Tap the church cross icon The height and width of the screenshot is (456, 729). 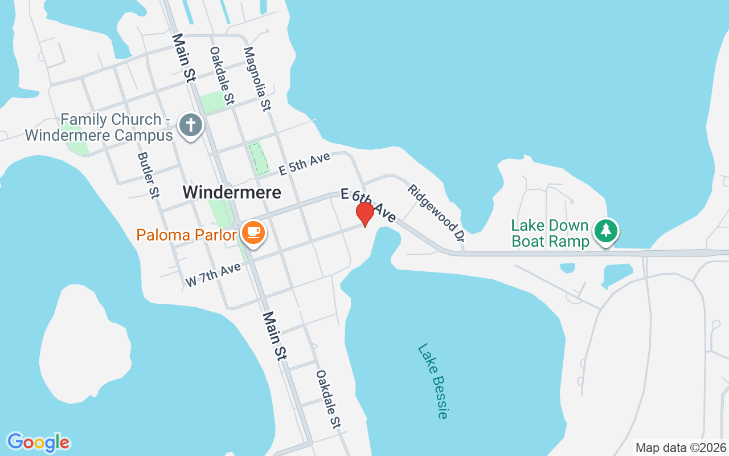click(x=190, y=125)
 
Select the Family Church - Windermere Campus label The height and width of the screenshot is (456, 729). click(x=100, y=128)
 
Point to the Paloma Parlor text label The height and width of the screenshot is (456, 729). click(x=186, y=235)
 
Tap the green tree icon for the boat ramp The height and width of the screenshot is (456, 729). click(x=606, y=231)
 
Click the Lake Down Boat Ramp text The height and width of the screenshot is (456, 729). click(x=550, y=233)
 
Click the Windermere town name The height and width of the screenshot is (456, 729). click(x=232, y=193)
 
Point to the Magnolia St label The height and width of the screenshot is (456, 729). click(x=258, y=79)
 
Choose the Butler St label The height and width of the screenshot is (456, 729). click(x=147, y=175)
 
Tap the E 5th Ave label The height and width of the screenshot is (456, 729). click(x=304, y=164)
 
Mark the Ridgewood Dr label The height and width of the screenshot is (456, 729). click(x=433, y=210)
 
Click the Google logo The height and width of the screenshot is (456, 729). click(x=38, y=442)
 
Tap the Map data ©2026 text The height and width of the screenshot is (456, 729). click(x=681, y=447)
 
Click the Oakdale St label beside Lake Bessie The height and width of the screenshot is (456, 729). click(x=328, y=398)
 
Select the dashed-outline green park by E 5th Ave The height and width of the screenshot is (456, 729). click(x=259, y=158)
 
